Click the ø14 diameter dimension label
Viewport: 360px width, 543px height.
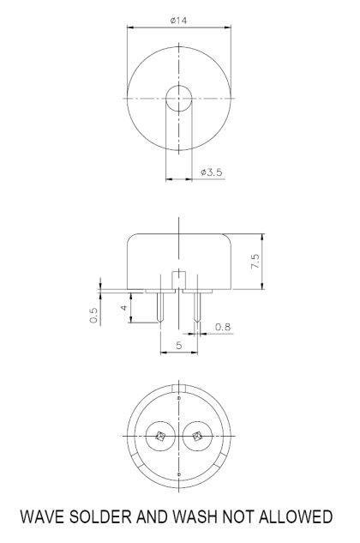(179, 20)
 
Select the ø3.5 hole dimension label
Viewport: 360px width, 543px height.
(210, 172)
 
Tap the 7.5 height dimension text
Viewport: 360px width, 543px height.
(255, 262)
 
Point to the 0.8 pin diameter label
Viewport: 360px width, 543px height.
(222, 326)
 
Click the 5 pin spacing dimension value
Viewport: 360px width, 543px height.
(178, 345)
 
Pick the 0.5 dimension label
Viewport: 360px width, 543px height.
(94, 317)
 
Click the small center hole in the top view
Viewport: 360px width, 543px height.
(179, 98)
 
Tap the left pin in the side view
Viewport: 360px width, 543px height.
(159, 308)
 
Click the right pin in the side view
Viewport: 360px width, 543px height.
(197, 310)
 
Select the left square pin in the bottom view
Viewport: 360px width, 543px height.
(160, 437)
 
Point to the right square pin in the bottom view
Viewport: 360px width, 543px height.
(197, 437)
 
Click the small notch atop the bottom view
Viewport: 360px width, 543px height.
(178, 396)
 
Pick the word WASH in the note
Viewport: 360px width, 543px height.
(192, 517)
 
